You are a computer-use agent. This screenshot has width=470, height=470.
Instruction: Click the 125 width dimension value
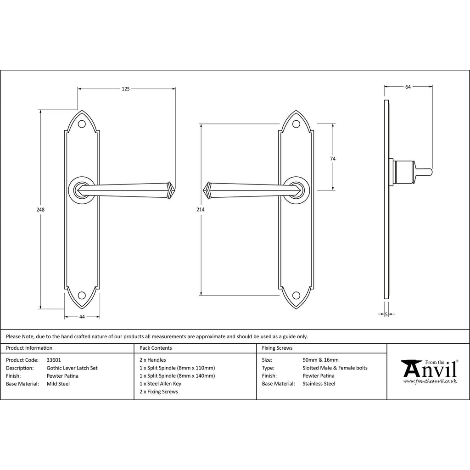[x=126, y=89]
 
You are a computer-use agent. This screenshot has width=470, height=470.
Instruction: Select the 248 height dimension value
[x=40, y=209]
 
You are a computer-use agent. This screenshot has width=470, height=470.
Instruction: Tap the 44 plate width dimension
[x=82, y=317]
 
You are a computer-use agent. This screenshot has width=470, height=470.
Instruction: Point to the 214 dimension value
[x=200, y=209]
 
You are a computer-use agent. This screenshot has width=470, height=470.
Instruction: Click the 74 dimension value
[x=333, y=159]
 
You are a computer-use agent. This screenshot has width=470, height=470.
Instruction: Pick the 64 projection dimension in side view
[x=408, y=87]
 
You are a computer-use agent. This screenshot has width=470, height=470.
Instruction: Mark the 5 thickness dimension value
[x=386, y=314]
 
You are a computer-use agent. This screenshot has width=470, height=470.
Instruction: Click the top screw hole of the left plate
[x=82, y=124]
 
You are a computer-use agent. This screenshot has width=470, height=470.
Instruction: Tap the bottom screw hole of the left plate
[x=82, y=295]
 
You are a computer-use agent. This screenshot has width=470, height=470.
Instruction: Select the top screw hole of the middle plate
[x=297, y=124]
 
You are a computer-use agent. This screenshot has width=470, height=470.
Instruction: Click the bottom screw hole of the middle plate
[x=297, y=295]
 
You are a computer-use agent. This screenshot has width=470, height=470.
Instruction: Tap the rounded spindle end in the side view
[x=430, y=173]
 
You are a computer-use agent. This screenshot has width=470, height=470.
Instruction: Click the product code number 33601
[x=54, y=360]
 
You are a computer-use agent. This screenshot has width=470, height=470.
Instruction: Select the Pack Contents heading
[x=156, y=348]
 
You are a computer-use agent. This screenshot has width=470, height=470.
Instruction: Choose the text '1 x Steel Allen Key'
[x=160, y=384]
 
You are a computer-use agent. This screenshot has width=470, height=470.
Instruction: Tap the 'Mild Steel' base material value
[x=58, y=384]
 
